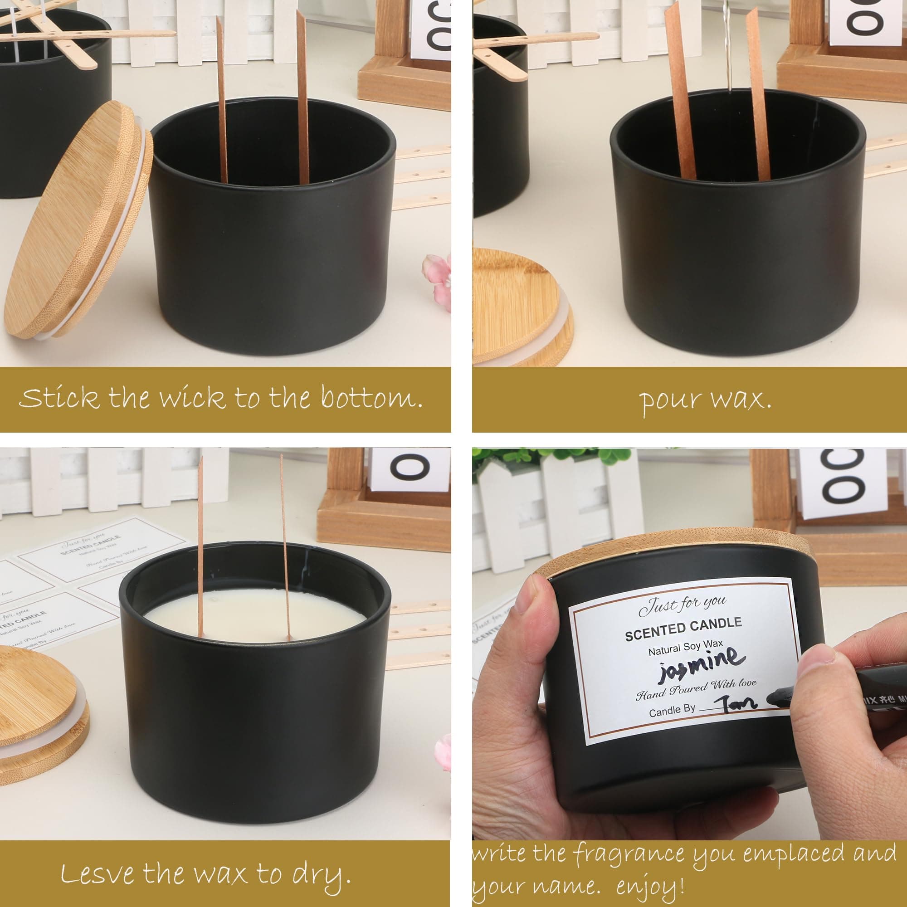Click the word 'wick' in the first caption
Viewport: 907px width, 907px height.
(191, 398)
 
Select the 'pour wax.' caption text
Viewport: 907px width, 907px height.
(704, 400)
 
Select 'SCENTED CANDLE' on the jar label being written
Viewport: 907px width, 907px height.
(683, 629)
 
